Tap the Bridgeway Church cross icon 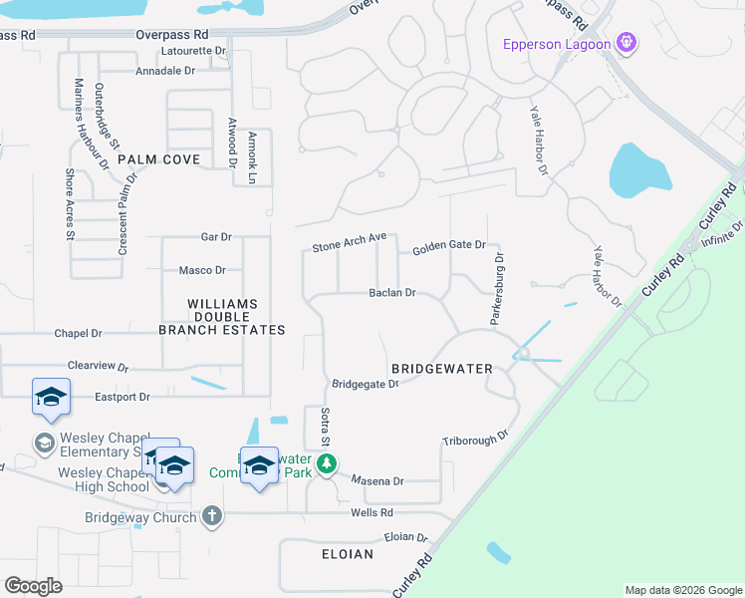coord(210,515)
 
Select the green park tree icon coord(326,464)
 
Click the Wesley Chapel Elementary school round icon coord(45,443)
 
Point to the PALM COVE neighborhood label coord(158,159)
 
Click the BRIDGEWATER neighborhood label coord(441,369)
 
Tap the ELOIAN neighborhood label coord(348,553)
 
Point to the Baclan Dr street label coord(391,293)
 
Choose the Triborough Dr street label coord(475,438)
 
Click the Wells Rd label coord(372,512)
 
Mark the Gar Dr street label coord(216,237)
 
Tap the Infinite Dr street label coord(723,235)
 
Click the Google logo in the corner coord(33,585)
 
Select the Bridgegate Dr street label coord(365,383)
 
